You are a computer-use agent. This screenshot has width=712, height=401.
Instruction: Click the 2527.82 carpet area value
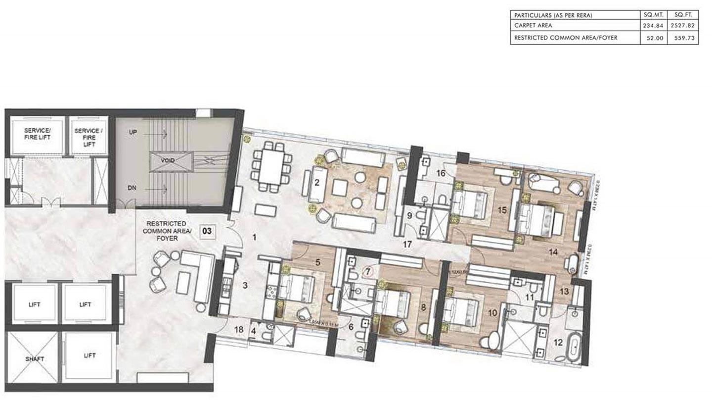(x=683, y=26)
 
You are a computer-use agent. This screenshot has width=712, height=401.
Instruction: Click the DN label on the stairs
(x=132, y=189)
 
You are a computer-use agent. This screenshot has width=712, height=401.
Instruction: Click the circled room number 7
(x=367, y=272)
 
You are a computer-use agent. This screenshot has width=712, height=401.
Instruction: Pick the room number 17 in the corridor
(x=407, y=244)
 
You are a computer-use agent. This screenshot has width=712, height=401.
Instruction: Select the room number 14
(x=553, y=251)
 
